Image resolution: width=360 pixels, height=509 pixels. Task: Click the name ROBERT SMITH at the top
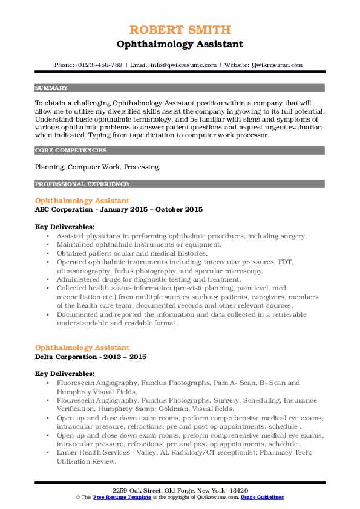point(180,30)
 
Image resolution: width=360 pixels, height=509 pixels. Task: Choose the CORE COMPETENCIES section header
point(71,150)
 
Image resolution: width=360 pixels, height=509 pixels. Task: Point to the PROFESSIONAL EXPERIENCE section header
point(82,184)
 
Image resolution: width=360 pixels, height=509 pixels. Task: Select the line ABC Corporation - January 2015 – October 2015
point(119,209)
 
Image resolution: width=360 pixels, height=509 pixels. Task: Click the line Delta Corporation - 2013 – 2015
point(91,357)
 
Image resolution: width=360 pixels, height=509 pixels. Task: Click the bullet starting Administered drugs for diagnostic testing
point(149,280)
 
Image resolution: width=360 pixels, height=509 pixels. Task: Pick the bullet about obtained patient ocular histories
point(131,253)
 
